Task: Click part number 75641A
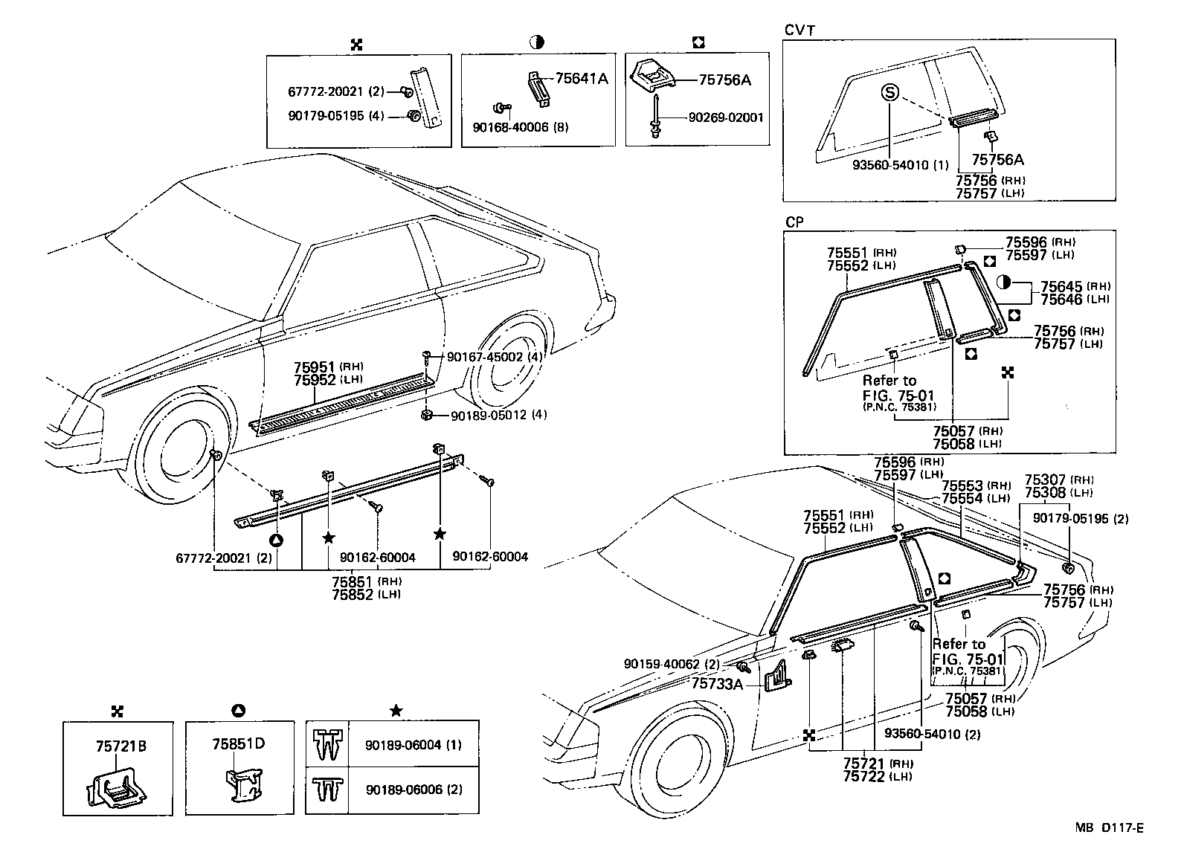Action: (x=582, y=79)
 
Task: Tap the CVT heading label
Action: (x=800, y=30)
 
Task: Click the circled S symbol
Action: (x=890, y=92)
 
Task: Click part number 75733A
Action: (x=717, y=683)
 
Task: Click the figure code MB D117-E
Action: (x=1108, y=827)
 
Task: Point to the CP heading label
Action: (x=794, y=222)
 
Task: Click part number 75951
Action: (x=315, y=367)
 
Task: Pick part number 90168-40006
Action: (x=510, y=127)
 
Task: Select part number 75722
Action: (x=864, y=777)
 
